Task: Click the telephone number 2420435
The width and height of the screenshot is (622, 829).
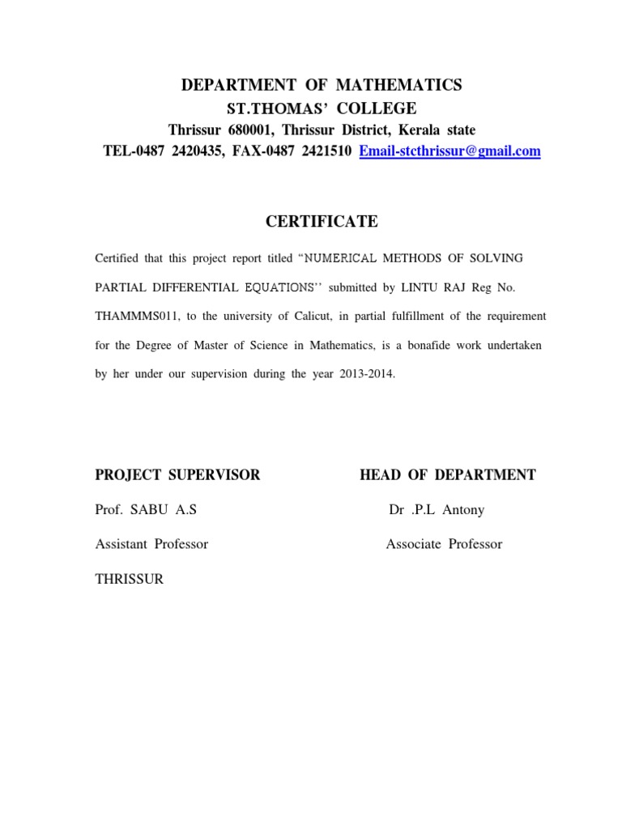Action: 199,151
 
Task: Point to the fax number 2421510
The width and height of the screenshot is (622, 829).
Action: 322,151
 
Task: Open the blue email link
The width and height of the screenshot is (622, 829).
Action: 449,151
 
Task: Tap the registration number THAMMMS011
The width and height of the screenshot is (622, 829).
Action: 132,316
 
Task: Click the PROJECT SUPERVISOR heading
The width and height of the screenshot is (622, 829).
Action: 178,475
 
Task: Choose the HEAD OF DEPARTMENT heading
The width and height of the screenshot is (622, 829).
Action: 447,475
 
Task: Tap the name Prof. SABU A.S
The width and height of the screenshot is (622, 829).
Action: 146,510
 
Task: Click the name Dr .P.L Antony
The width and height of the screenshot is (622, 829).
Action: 437,510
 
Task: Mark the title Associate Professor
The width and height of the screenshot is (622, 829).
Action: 444,544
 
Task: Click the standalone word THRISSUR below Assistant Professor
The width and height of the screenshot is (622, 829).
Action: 130,580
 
